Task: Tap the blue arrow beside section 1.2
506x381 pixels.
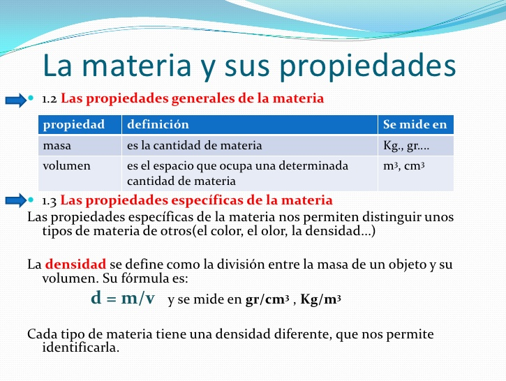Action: [x=16, y=100]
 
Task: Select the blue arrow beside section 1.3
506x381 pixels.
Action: [x=16, y=200]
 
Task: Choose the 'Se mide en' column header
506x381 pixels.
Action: [x=415, y=124]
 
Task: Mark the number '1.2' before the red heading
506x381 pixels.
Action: [x=50, y=99]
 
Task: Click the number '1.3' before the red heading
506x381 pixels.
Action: [x=50, y=201]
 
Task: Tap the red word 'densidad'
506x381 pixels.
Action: [x=75, y=264]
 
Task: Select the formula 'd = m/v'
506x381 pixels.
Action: [x=123, y=298]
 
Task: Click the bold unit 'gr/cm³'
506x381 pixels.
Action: [x=267, y=299]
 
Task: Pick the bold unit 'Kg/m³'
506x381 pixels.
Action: [x=320, y=299]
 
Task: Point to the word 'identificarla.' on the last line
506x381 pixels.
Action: [x=81, y=348]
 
